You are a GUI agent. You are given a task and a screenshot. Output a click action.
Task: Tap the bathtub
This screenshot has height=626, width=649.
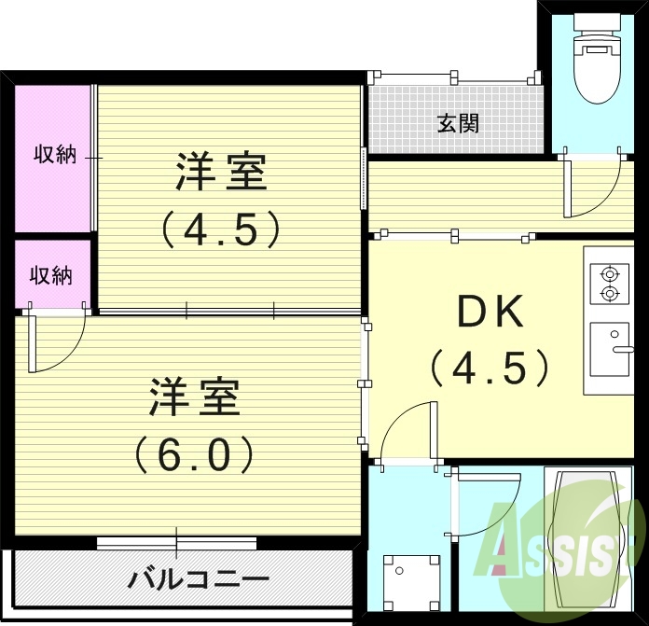pos(590,536)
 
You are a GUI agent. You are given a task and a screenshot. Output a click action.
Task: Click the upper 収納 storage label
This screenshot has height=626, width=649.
pos(55,155)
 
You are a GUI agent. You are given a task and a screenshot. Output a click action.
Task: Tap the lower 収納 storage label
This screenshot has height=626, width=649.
pos(50,276)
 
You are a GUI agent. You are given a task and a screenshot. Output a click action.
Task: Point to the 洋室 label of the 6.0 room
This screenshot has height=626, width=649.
pos(194,398)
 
